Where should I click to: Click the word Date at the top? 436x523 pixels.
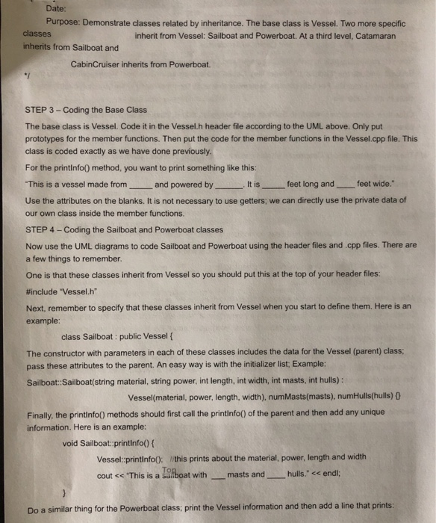click(56, 8)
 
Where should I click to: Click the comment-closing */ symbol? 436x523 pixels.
click(26, 77)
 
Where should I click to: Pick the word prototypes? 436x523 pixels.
click(49, 139)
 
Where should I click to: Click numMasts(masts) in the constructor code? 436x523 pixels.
click(288, 396)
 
